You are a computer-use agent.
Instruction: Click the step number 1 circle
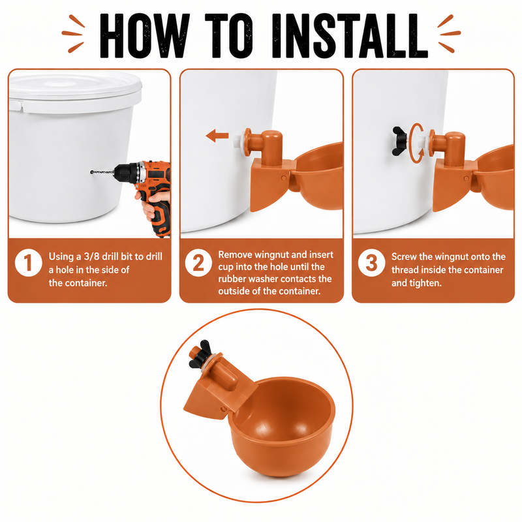29,263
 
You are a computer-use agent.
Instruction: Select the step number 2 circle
198,263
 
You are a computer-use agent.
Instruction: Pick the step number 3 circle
371,263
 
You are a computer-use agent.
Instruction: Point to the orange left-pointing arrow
217,136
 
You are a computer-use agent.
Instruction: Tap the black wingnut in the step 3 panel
399,141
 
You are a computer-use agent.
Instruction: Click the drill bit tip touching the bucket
92,172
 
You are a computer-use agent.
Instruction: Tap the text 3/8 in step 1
91,256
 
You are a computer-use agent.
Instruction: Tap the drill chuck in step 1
122,173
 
